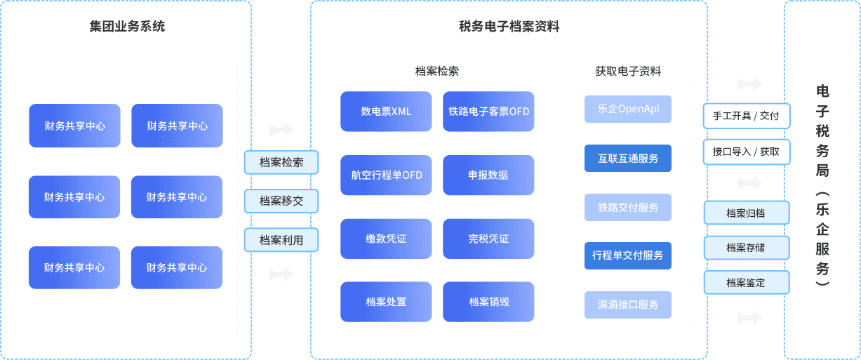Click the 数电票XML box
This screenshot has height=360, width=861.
pos(386,112)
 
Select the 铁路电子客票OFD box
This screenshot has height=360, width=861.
pos(488,112)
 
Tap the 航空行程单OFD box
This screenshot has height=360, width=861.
pos(386,175)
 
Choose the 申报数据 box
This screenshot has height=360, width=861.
pos(488,175)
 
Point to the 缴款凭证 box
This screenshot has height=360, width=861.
pos(386,239)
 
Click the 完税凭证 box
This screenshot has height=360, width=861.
pos(488,239)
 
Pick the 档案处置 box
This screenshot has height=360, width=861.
pos(386,302)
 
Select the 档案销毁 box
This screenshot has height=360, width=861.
pos(488,302)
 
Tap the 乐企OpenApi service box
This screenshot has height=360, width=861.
pos(628,109)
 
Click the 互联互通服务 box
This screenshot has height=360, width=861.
pos(628,159)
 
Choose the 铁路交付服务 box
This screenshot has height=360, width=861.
pos(628,208)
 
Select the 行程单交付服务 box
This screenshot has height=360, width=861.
pos(628,255)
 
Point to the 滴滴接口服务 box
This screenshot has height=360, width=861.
pos(628,305)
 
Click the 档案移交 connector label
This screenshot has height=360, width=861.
pos(281,201)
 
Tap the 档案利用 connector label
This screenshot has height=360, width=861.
pos(281,240)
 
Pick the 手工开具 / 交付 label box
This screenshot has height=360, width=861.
pos(747,116)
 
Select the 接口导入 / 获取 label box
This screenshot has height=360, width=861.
pos(747,152)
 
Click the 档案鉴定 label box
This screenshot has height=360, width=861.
pos(747,283)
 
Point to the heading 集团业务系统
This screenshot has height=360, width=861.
pos(127,27)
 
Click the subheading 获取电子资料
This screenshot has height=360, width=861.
pos(628,71)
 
